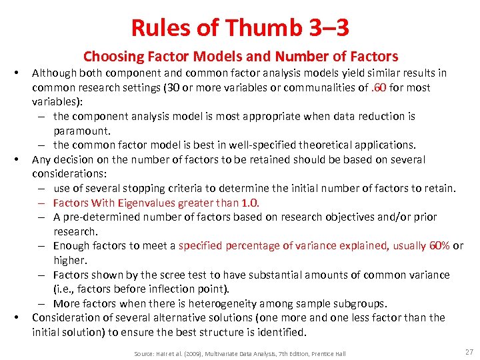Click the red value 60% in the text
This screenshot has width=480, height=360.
click(440, 246)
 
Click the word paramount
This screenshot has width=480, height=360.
click(82, 131)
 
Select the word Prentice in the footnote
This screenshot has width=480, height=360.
click(319, 353)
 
